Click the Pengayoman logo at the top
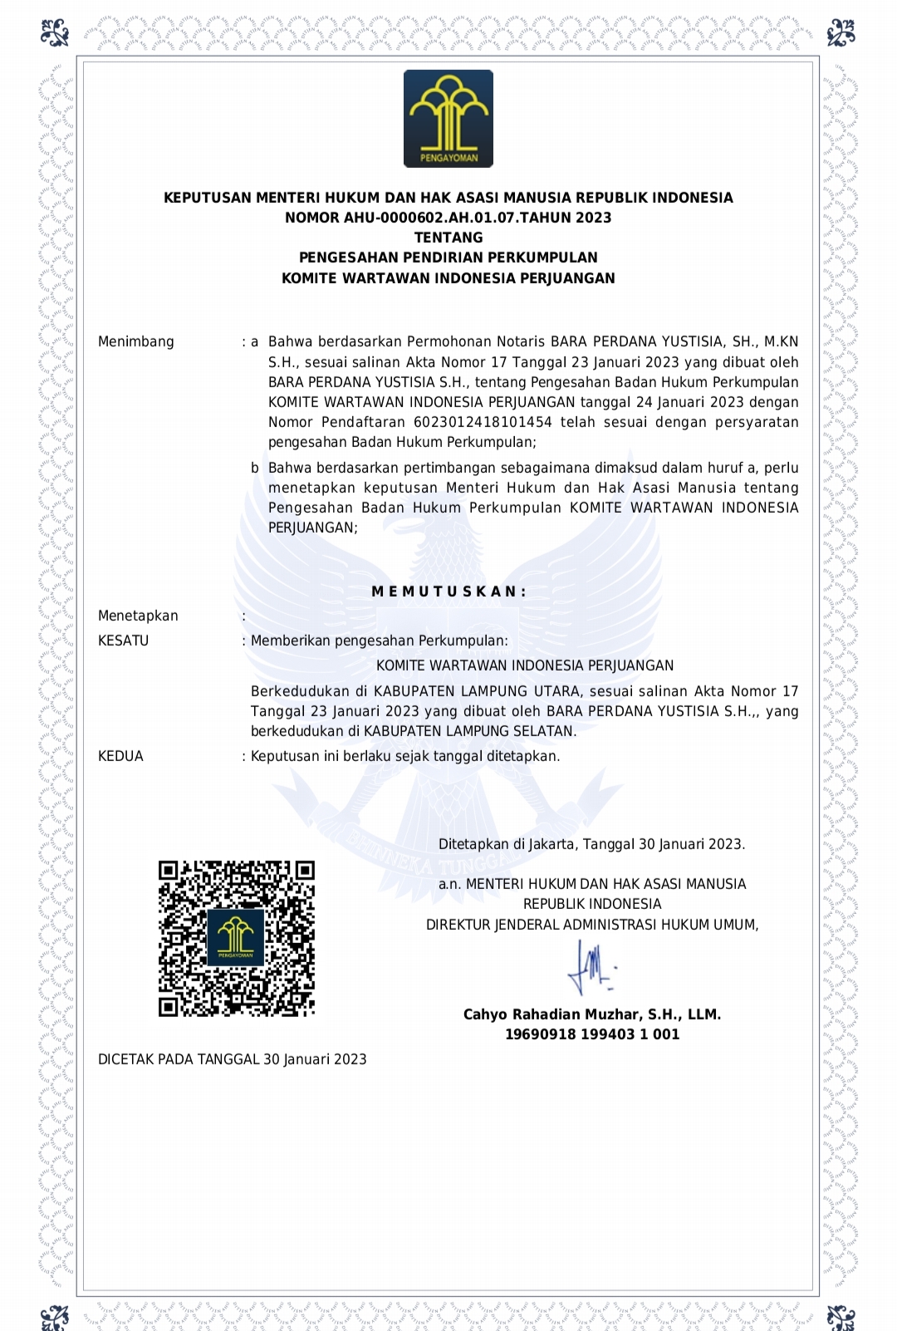click(x=448, y=119)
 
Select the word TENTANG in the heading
click(x=448, y=238)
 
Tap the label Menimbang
click(x=136, y=341)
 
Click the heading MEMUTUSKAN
click(x=448, y=592)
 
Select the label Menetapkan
click(x=138, y=616)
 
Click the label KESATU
click(x=124, y=641)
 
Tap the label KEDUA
click(x=121, y=756)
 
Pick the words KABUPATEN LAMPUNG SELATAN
click(x=469, y=731)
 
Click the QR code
click(x=237, y=938)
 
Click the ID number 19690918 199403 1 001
click(x=592, y=1034)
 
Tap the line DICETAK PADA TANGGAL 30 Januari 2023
click(x=233, y=1059)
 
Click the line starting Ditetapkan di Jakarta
click(x=591, y=844)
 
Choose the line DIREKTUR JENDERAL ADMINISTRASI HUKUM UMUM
click(x=592, y=925)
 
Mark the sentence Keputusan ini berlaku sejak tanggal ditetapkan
click(x=405, y=756)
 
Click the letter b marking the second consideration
click(x=255, y=468)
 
